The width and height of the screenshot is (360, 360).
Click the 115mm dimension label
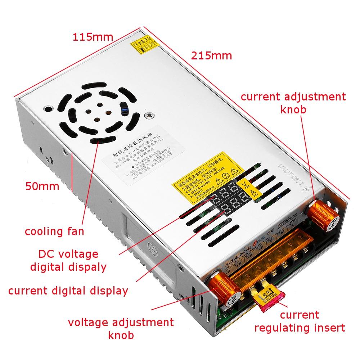click(x=93, y=37)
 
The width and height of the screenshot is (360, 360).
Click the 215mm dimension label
click(x=211, y=56)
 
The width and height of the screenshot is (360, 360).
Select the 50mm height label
click(x=42, y=186)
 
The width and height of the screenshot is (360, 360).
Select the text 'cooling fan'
click(x=54, y=231)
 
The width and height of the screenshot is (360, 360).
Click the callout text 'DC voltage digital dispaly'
click(x=68, y=260)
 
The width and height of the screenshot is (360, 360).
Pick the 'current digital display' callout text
click(x=68, y=291)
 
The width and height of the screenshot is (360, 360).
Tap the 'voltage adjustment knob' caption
click(x=121, y=328)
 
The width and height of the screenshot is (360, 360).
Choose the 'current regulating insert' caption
click(x=300, y=321)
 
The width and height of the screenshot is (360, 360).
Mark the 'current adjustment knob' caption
click(x=293, y=103)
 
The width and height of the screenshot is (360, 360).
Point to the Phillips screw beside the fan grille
click(x=149, y=116)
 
